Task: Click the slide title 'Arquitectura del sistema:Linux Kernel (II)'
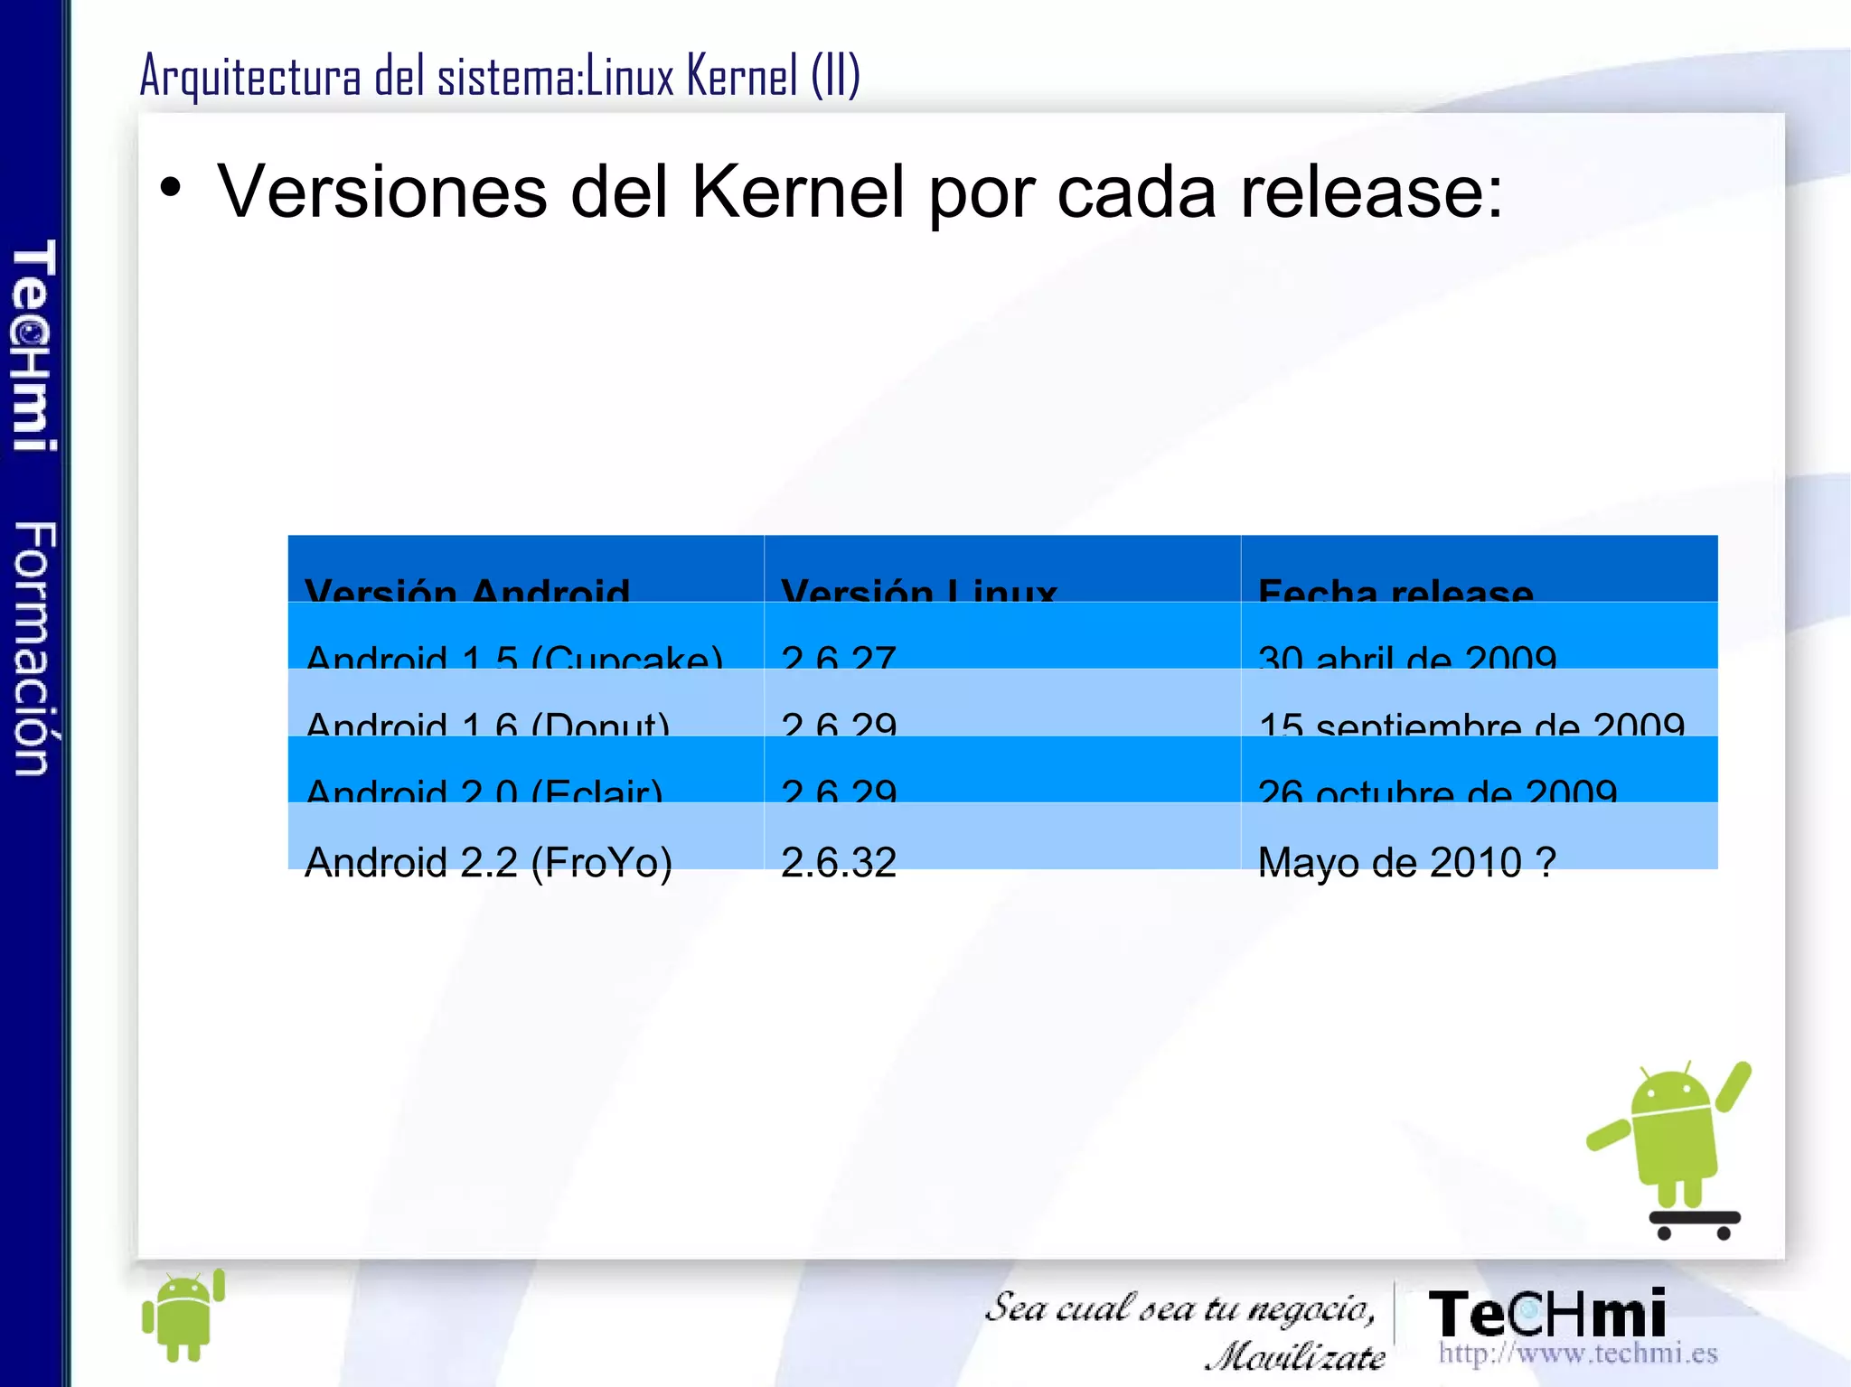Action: [500, 76]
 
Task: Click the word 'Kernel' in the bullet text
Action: [797, 192]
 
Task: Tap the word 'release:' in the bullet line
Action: [1371, 192]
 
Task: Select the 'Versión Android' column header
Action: [467, 589]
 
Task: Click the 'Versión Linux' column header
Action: [918, 589]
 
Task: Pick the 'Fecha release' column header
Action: [1395, 589]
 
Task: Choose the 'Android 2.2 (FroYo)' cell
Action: [489, 861]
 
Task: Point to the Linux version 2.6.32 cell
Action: [839, 861]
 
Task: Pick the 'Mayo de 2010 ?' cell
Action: [1407, 861]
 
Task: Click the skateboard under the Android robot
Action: [1695, 1222]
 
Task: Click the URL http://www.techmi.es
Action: [1578, 1353]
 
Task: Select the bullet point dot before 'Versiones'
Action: [170, 188]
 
